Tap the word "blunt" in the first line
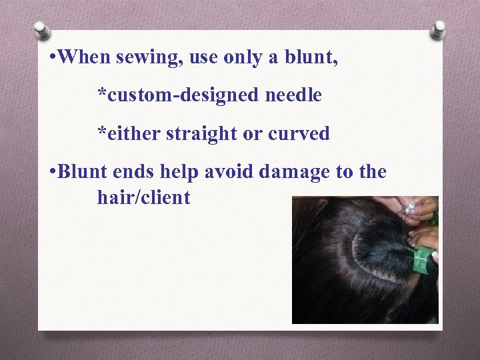[x=313, y=57]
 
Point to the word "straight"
[x=201, y=134]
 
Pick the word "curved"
[x=299, y=134]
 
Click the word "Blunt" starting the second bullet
[x=83, y=172]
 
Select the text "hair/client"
[x=143, y=197]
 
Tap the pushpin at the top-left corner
[x=41, y=30]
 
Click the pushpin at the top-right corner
[x=438, y=30]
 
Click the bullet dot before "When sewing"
[x=52, y=58]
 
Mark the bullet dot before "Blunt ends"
[x=52, y=173]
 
